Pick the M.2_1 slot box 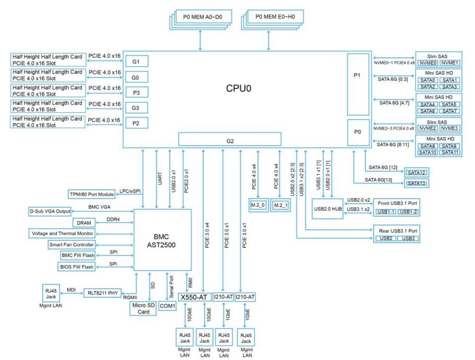pos(282,205)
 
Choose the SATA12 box pos(417,172)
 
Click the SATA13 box pos(417,183)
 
